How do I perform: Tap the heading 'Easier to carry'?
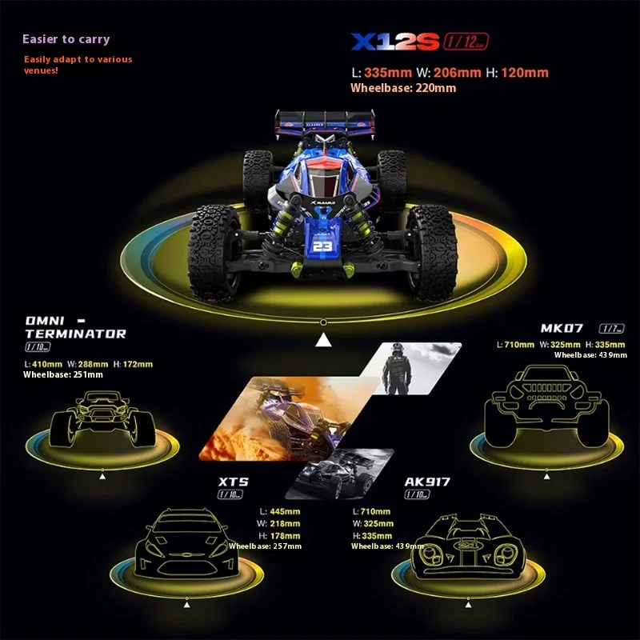tap(66, 39)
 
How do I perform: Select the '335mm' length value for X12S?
tap(387, 73)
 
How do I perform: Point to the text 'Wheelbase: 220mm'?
tap(403, 88)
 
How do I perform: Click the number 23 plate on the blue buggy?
tap(322, 246)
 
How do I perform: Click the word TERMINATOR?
tap(76, 334)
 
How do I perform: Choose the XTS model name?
tap(233, 482)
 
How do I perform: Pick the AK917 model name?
tap(427, 482)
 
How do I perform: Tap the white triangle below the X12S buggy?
tap(323, 342)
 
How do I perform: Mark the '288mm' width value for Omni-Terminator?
tap(95, 364)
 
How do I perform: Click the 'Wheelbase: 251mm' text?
tap(63, 374)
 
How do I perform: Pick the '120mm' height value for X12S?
tap(526, 73)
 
